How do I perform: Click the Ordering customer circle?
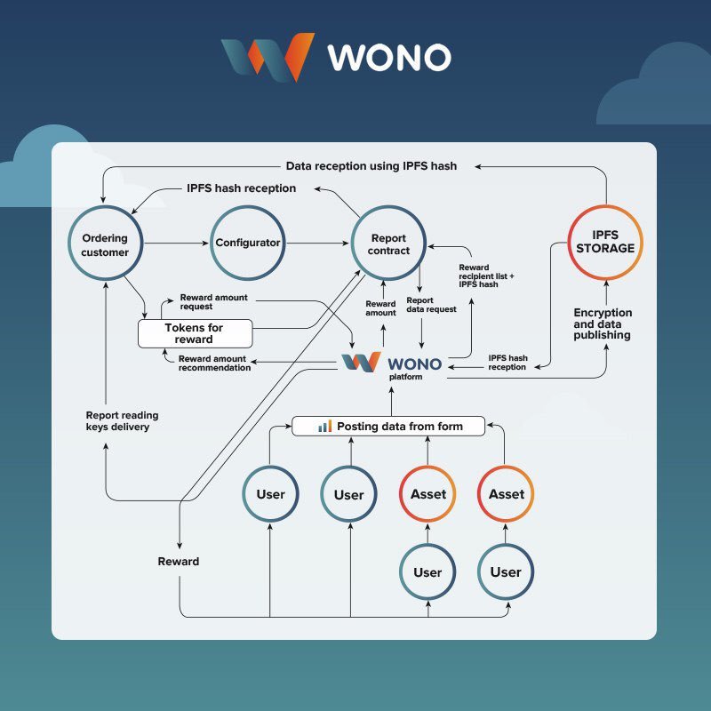[x=105, y=244]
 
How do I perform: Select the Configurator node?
[x=248, y=243]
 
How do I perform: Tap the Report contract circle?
[x=388, y=244]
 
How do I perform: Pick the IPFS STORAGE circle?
[x=604, y=242]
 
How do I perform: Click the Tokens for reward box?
[x=194, y=333]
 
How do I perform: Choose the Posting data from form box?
[x=390, y=427]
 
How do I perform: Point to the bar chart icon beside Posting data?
[x=325, y=427]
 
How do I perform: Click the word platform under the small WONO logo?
[x=407, y=377]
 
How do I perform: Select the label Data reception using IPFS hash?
[x=371, y=166]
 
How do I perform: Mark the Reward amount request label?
[x=209, y=301]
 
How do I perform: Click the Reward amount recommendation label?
[x=214, y=363]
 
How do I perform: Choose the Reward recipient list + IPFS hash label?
[x=486, y=276]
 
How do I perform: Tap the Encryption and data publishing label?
[x=603, y=324]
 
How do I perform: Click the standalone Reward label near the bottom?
[x=179, y=562]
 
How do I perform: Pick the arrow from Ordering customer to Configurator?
[x=176, y=243]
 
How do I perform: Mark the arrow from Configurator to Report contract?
[x=318, y=243]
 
